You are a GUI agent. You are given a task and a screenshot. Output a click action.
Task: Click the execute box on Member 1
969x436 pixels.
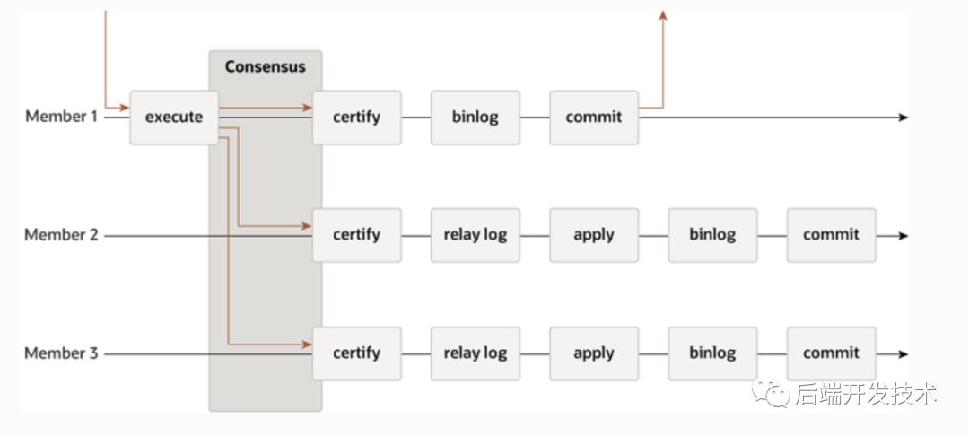point(174,118)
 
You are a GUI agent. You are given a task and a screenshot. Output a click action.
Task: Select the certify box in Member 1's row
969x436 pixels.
point(356,118)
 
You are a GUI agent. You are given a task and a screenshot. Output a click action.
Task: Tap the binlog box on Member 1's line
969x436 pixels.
point(475,118)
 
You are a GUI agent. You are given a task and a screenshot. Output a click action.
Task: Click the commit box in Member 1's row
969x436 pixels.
point(594,118)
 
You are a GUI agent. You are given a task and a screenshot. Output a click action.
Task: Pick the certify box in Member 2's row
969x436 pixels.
point(356,235)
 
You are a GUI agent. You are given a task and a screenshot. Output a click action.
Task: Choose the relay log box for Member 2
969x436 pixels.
point(475,235)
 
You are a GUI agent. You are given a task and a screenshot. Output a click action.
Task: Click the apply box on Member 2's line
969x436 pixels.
point(594,235)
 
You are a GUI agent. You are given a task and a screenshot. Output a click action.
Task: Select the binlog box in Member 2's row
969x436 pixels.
point(712,235)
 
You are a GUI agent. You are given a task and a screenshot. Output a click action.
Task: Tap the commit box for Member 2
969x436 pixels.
point(831,235)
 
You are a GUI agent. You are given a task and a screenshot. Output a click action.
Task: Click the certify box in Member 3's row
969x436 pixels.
point(356,353)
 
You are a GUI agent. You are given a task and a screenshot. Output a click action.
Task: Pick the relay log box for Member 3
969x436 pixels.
point(475,353)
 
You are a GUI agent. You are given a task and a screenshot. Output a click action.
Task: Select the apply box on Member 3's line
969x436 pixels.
point(594,353)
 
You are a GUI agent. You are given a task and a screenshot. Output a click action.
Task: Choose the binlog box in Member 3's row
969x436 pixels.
point(712,353)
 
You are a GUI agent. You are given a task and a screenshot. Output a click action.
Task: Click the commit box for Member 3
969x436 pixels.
point(831,353)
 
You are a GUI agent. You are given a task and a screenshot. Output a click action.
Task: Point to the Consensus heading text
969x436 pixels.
point(265,66)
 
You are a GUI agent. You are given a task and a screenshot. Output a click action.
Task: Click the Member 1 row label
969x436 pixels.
point(61,117)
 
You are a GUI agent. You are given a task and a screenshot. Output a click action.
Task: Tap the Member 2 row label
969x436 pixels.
point(61,235)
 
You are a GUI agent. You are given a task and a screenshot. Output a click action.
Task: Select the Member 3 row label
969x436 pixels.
point(61,353)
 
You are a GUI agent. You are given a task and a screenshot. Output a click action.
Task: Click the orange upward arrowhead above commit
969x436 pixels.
point(663,15)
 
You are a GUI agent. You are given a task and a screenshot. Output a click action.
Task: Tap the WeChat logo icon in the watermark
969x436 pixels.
point(771,392)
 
